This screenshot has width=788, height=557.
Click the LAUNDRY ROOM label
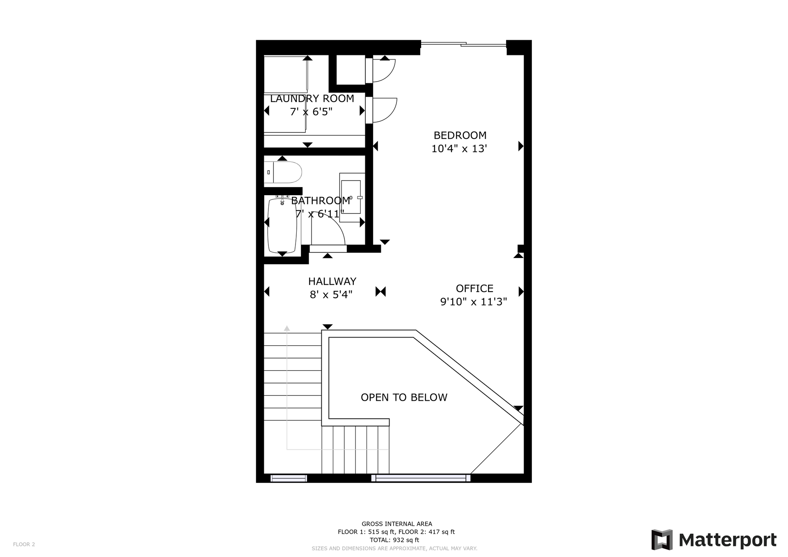(x=312, y=99)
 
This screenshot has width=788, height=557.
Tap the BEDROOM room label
(x=460, y=135)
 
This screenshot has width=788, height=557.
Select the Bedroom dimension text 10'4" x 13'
(x=459, y=148)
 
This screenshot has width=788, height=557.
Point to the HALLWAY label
(x=332, y=281)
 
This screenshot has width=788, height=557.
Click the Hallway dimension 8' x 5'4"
(x=331, y=294)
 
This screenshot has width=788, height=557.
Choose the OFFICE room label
(x=474, y=288)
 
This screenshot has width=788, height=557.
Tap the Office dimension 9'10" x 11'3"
(x=474, y=302)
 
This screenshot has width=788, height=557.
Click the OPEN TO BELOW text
(x=404, y=397)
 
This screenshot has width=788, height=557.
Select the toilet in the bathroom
(x=283, y=172)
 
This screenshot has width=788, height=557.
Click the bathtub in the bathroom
(x=282, y=226)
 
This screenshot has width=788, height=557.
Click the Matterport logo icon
(x=662, y=540)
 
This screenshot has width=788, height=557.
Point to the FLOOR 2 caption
(x=24, y=544)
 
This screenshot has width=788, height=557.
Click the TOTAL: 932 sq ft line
(x=394, y=540)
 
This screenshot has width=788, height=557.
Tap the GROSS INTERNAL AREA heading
(x=397, y=524)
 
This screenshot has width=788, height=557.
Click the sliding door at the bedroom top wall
(x=463, y=44)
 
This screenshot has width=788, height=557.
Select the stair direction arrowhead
(x=287, y=328)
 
